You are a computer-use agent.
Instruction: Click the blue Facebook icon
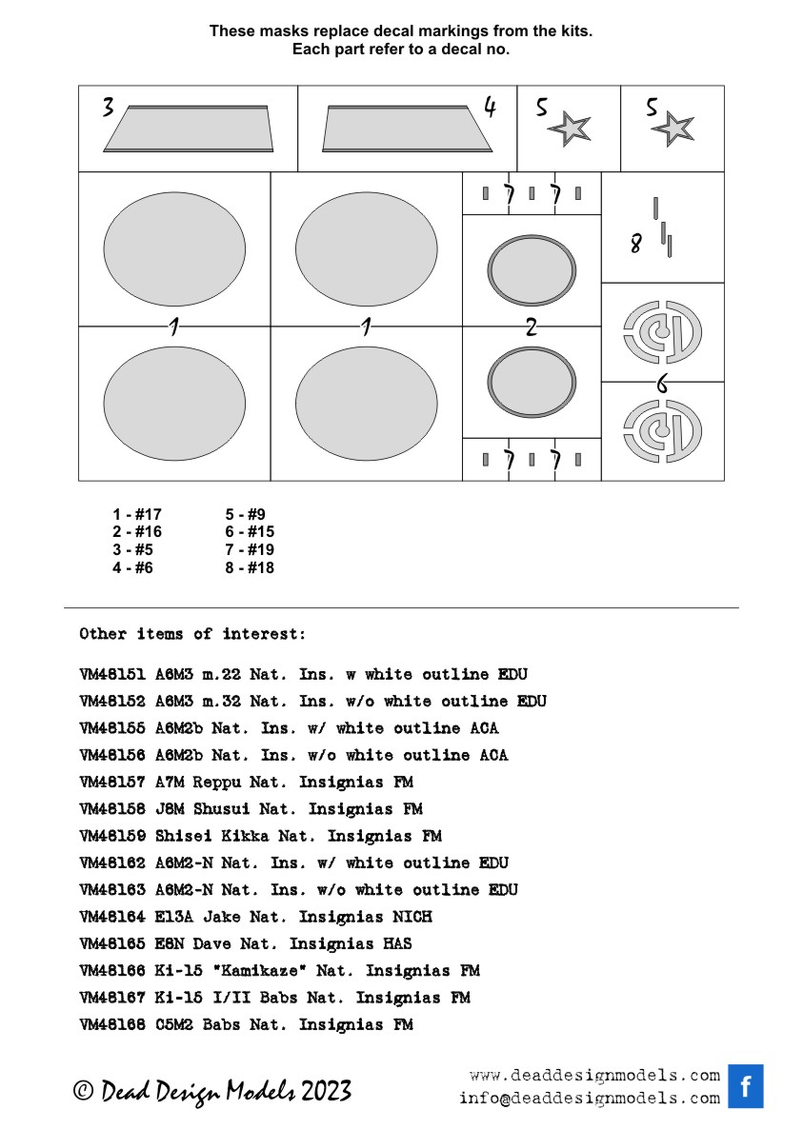(x=746, y=1086)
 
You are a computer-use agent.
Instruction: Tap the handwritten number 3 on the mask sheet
(x=109, y=108)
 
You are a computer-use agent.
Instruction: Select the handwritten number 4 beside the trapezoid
(x=490, y=107)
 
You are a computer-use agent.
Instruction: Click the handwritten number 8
(x=635, y=244)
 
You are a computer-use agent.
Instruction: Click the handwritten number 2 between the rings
(x=531, y=327)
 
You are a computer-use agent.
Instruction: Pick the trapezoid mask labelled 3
(x=189, y=129)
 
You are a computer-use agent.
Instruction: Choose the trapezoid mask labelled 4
(x=408, y=129)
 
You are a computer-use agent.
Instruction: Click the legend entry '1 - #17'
(x=137, y=515)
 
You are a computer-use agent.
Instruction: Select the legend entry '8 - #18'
(x=250, y=568)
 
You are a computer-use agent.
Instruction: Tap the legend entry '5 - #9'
(x=245, y=515)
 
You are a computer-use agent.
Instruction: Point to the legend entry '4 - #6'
(x=132, y=568)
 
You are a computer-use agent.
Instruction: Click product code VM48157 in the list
(x=112, y=783)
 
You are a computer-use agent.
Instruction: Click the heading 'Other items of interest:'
(x=192, y=634)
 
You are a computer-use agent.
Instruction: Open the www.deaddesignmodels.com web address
(x=594, y=1076)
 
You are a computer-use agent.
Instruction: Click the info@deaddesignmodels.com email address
(x=589, y=1098)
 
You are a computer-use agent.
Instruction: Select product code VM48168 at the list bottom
(x=112, y=1025)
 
